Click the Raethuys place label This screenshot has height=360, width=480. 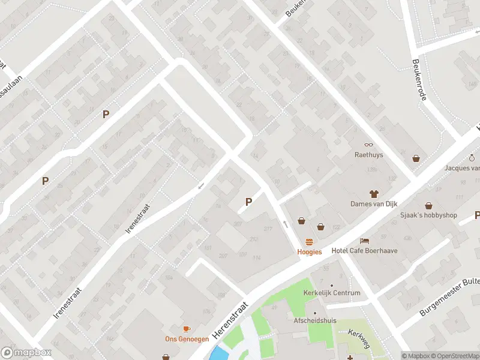pyautogui.click(x=368, y=155)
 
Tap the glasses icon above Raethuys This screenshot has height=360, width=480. pyautogui.click(x=368, y=145)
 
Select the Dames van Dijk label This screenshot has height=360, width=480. pyautogui.click(x=374, y=203)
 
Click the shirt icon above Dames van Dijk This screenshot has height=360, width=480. pyautogui.click(x=374, y=193)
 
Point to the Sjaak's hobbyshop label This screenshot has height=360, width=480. pyautogui.click(x=429, y=215)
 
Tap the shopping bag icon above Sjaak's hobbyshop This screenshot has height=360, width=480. pyautogui.click(x=429, y=206)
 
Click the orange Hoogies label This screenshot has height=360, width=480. pyautogui.click(x=310, y=252)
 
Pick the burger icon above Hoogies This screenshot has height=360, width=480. pyautogui.click(x=310, y=242)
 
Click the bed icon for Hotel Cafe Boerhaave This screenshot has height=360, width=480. pyautogui.click(x=364, y=241)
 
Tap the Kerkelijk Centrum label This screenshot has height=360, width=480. pyautogui.click(x=332, y=293)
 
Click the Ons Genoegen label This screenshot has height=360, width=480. pyautogui.click(x=187, y=339)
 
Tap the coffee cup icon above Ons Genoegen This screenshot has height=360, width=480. pyautogui.click(x=187, y=329)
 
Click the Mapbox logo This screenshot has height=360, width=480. pyautogui.click(x=25, y=353)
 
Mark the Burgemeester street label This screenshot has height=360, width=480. pyautogui.click(x=449, y=298)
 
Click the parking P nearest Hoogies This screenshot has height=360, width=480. pyautogui.click(x=248, y=202)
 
